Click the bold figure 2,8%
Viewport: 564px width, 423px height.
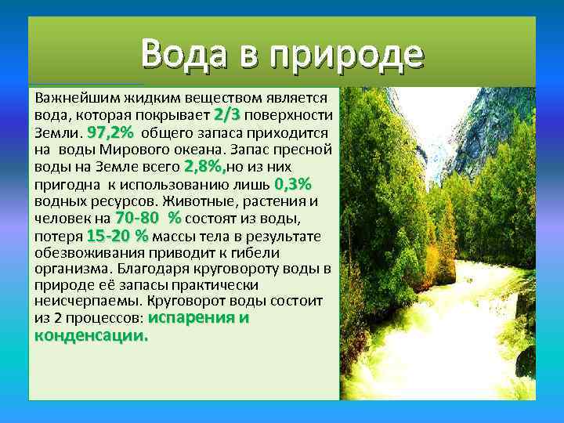[x=204, y=167]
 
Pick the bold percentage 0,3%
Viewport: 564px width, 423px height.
[x=293, y=184]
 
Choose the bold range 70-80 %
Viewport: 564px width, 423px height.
[x=147, y=218]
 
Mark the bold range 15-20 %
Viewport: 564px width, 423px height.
[x=117, y=235]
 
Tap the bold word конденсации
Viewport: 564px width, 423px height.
[x=91, y=335]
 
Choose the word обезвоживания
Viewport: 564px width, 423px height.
[x=91, y=253]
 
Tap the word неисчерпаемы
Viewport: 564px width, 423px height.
[x=83, y=302]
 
